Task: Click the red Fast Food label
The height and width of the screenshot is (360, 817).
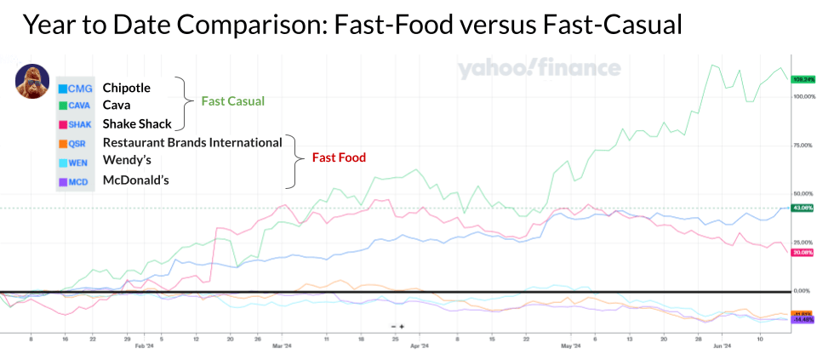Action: [340, 157]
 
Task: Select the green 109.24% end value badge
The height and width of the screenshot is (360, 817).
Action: [803, 79]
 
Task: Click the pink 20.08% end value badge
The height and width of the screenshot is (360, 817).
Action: [803, 252]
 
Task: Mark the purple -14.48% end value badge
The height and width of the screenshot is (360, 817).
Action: [803, 320]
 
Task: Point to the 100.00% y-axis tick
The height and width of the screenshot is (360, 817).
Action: [803, 96]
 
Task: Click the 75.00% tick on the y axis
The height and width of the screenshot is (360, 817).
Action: [803, 146]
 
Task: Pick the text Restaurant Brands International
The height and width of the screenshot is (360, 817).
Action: [192, 142]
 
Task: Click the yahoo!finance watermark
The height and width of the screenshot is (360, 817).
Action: [539, 69]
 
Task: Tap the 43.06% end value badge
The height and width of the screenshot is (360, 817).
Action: [803, 208]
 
